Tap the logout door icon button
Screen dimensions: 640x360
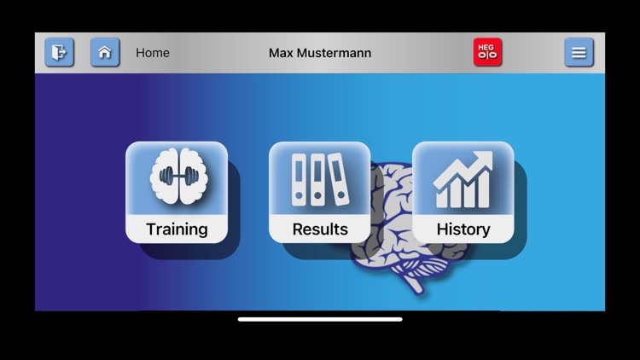[59, 52]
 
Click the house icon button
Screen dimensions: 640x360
[105, 52]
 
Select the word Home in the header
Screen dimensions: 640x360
[153, 53]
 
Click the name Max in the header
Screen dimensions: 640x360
[281, 53]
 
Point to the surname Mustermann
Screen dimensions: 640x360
[334, 53]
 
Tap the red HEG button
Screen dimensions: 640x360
[487, 52]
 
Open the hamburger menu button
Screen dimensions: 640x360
[579, 52]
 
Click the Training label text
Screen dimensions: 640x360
[177, 229]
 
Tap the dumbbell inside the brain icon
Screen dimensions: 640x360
[179, 176]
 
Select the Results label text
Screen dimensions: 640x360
[320, 229]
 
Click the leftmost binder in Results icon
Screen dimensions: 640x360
[299, 180]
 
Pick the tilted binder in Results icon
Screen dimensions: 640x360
[339, 179]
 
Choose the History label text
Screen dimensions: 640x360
[463, 229]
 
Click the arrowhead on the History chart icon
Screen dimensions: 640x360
[484, 159]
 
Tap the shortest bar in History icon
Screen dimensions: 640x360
[442, 199]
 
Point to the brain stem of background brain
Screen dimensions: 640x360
[415, 284]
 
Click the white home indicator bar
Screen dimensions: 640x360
[320, 319]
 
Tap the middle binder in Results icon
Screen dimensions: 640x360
[317, 180]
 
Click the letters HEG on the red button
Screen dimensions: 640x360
[486, 47]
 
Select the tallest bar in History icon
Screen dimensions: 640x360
[483, 189]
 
